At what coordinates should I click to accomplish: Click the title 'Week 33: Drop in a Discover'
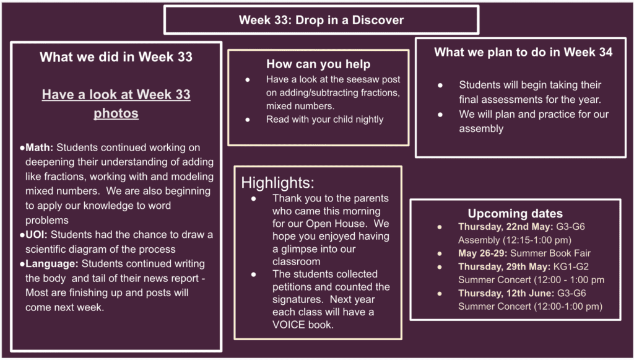321,20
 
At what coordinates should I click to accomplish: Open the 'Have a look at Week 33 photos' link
116,104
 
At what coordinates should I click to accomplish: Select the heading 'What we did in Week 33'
116,56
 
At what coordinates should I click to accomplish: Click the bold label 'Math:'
39,147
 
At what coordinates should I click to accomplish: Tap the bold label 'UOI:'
37,235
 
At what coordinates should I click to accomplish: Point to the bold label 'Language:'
52,264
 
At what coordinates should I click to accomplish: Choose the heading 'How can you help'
318,64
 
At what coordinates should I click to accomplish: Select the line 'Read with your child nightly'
324,120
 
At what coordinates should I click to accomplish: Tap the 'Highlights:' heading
278,183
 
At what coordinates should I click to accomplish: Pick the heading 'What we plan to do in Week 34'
523,52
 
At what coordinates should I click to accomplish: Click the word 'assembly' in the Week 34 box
481,129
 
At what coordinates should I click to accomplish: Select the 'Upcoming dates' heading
515,213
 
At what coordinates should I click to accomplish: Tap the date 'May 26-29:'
483,253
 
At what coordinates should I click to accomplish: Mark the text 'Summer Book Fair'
550,253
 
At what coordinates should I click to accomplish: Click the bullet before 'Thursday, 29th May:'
440,267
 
